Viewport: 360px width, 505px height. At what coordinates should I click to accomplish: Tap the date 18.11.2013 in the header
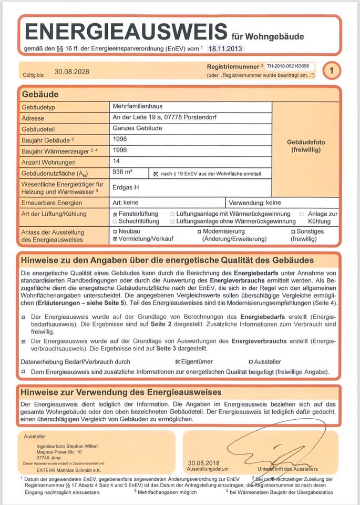point(226,48)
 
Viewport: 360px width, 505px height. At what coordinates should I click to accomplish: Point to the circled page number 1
point(331,70)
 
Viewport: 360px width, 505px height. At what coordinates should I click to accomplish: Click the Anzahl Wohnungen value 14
point(117,161)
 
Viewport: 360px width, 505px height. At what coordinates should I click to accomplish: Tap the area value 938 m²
point(122,172)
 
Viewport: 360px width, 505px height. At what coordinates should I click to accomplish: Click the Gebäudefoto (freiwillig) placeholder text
point(305,146)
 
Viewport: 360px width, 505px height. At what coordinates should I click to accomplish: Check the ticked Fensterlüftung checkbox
point(115,215)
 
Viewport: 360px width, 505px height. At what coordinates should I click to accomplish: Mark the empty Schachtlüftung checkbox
point(115,221)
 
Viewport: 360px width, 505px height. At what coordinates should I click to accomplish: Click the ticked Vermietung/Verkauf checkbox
point(115,239)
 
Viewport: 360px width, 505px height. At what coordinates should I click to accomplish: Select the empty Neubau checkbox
point(115,231)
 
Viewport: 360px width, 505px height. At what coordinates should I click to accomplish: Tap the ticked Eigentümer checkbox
point(178,362)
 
